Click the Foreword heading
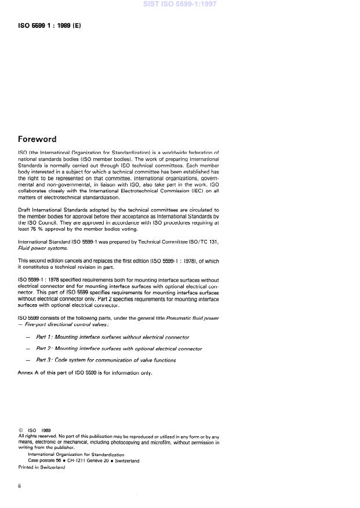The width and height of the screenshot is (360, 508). point(37,139)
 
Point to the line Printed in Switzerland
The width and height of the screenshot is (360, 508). point(42,467)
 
